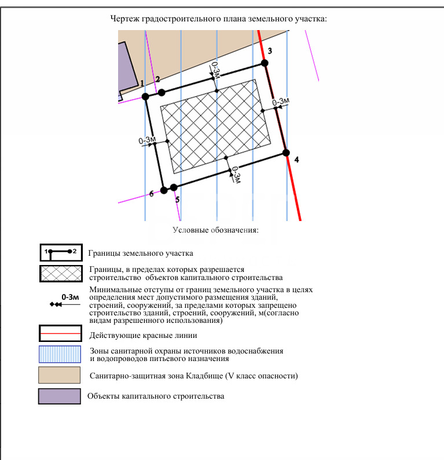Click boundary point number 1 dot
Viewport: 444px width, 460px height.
click(145, 96)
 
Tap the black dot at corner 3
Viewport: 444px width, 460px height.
click(265, 62)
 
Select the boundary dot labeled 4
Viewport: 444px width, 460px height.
click(285, 152)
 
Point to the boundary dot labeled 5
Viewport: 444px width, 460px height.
click(174, 187)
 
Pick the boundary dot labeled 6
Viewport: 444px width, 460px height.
click(164, 189)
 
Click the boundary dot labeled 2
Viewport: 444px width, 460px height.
click(162, 92)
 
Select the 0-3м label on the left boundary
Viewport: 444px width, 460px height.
click(148, 140)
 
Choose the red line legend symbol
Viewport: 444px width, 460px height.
click(59, 334)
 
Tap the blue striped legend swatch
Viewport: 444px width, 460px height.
click(59, 355)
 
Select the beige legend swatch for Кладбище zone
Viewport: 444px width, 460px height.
click(59, 375)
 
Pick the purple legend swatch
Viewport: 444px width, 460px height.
click(59, 396)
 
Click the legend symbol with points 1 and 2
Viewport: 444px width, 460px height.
click(59, 252)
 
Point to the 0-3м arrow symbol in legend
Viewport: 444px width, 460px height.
click(65, 300)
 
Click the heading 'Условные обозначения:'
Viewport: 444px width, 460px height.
click(215, 230)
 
